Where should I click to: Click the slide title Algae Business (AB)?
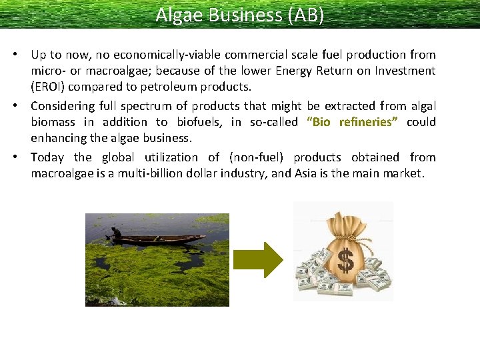[240, 15]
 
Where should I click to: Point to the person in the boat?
[117, 233]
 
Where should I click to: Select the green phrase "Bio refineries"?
[352, 122]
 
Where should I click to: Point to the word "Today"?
[47, 157]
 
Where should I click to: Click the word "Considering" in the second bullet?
[63, 105]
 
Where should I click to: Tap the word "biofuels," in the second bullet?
[199, 122]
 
